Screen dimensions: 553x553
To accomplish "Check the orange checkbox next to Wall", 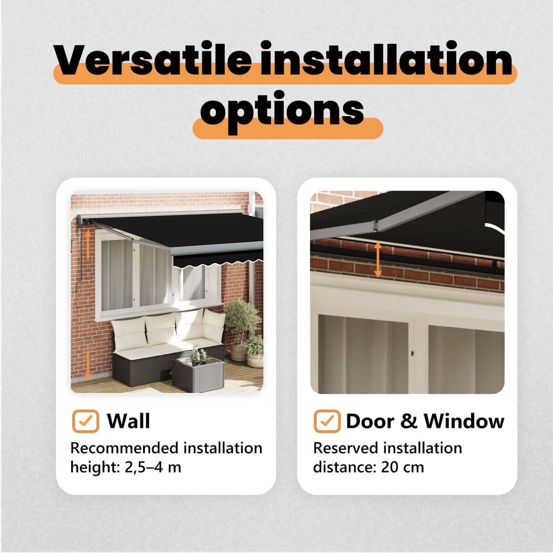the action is coord(86,421).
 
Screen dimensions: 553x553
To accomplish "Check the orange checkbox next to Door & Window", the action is coord(327,421).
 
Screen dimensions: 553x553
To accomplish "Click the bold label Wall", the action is coord(129,421).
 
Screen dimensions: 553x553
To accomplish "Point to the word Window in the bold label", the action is coord(464,421).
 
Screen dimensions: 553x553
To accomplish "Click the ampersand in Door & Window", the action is coord(408,421).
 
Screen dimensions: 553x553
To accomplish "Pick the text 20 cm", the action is coord(403,467).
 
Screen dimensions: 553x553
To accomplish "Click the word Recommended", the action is coord(125,448).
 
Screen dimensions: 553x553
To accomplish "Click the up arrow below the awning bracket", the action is coord(88,244).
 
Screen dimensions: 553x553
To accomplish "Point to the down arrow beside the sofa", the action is coord(88,365).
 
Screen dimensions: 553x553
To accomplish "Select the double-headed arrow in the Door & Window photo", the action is coord(378,260).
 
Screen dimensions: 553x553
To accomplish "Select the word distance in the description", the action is coord(345,467).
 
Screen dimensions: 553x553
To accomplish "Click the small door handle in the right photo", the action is coord(412,354).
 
